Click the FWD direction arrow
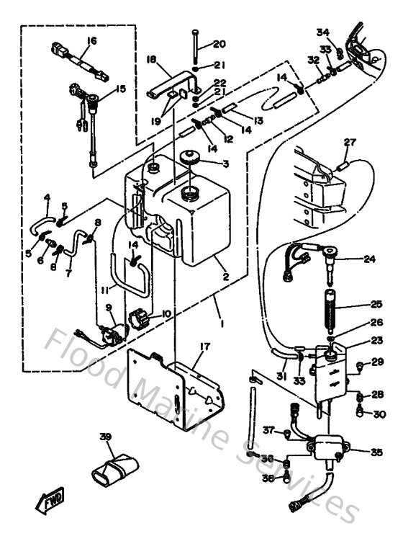[50, 499]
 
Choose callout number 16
[91, 40]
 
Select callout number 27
[350, 143]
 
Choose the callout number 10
[166, 313]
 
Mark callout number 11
[104, 290]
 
